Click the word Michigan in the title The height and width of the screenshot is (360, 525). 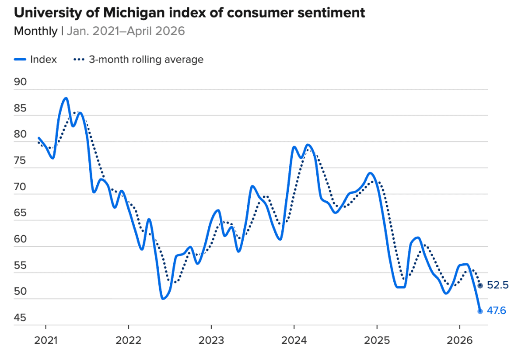(x=134, y=13)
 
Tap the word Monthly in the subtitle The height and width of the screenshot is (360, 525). (x=35, y=31)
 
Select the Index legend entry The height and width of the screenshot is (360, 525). (x=35, y=59)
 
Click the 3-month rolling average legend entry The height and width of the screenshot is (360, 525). (x=139, y=59)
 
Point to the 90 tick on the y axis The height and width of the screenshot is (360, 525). (x=20, y=82)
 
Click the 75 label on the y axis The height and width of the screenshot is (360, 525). (x=20, y=161)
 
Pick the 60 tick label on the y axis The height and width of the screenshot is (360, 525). (x=20, y=239)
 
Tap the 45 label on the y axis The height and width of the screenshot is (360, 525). (x=20, y=318)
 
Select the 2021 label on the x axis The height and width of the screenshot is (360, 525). (x=45, y=341)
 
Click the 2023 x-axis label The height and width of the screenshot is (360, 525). (x=211, y=341)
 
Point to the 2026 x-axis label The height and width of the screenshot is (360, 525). (x=460, y=341)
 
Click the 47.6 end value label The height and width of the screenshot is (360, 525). (x=497, y=311)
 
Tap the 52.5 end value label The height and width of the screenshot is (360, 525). (x=497, y=285)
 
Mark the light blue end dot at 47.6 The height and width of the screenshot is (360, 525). (x=480, y=311)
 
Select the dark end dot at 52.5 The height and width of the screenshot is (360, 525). (x=480, y=286)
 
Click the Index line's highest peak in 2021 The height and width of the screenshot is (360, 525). (x=66, y=98)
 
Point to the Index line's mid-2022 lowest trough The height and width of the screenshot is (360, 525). (x=163, y=298)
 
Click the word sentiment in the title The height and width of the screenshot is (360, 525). (x=331, y=13)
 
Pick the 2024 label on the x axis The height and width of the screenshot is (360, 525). (x=294, y=341)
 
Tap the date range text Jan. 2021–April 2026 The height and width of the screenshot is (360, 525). (x=126, y=31)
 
